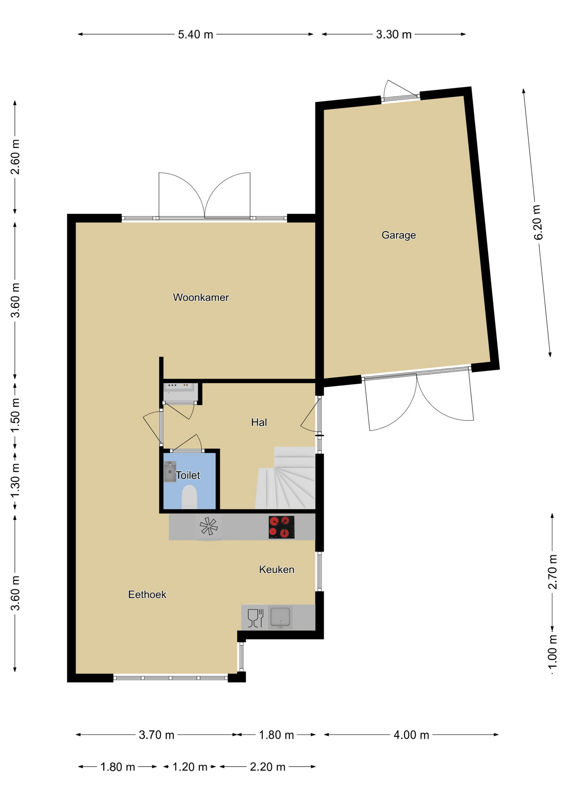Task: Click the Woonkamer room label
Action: [x=201, y=297]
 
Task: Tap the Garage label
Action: [x=399, y=235]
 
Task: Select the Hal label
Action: [x=259, y=422]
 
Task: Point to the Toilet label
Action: [x=188, y=475]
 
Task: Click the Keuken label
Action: [x=277, y=569]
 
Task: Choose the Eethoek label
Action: [x=147, y=594]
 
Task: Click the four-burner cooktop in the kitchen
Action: [x=281, y=527]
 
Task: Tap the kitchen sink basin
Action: [x=280, y=617]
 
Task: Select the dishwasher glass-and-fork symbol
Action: [x=256, y=618]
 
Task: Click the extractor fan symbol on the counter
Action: [x=208, y=526]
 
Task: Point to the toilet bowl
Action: [x=190, y=497]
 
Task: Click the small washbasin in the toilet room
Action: [x=170, y=471]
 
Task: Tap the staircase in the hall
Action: [x=286, y=478]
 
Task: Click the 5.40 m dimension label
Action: [x=195, y=34]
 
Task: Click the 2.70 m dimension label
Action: [x=552, y=572]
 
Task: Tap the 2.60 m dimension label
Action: [x=15, y=157]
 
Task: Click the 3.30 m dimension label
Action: [x=394, y=34]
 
